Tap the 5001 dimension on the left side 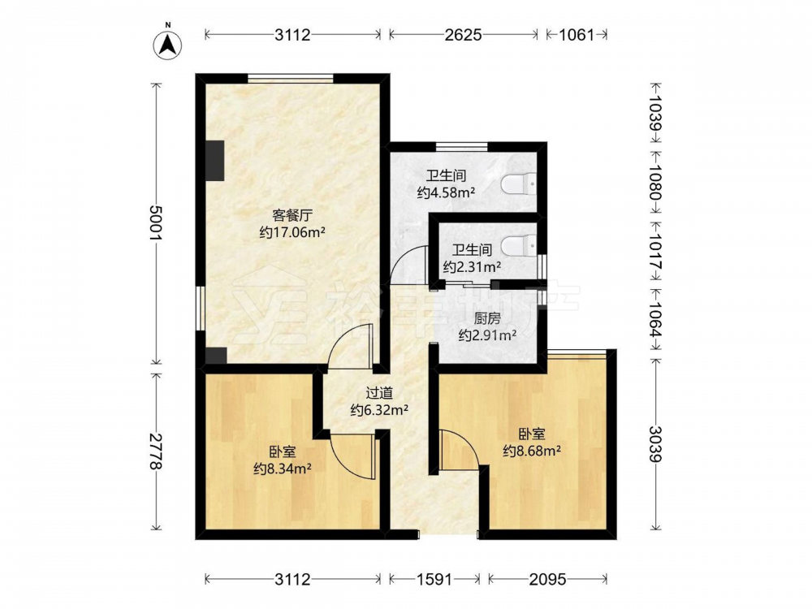tap(156, 222)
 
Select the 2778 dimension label tap(156, 451)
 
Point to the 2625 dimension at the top tap(463, 35)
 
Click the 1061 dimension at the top tap(577, 35)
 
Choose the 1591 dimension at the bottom tap(434, 579)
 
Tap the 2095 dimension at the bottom tap(547, 579)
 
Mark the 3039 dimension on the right tap(655, 444)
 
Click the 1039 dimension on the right tap(655, 114)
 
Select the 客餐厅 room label tap(292, 215)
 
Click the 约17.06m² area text tap(292, 232)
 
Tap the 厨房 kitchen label tap(487, 318)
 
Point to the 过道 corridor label tap(379, 393)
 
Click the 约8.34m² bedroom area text tap(283, 469)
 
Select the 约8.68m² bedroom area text tap(532, 451)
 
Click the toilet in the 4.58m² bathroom tap(519, 184)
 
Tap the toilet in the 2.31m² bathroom tap(519, 244)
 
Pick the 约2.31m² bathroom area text tap(472, 267)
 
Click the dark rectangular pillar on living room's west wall tap(215, 161)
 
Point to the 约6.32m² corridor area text tap(379, 411)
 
